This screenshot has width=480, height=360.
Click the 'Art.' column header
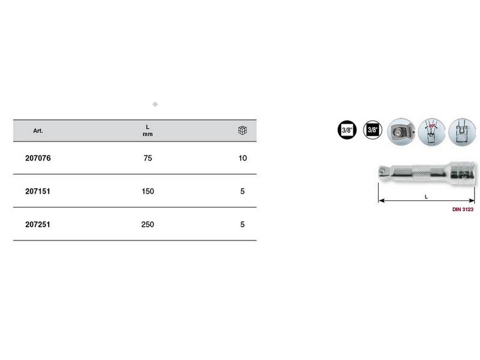(38, 131)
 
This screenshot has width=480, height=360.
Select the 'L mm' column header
(148, 131)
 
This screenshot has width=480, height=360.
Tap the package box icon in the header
(242, 130)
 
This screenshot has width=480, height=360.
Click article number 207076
(38, 158)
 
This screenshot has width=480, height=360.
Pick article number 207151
(38, 191)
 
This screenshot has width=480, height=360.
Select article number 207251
(38, 224)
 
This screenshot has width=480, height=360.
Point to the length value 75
(148, 158)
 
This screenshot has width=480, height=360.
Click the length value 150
(148, 191)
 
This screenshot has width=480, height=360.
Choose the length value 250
(148, 224)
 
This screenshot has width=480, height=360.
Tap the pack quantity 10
(243, 158)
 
